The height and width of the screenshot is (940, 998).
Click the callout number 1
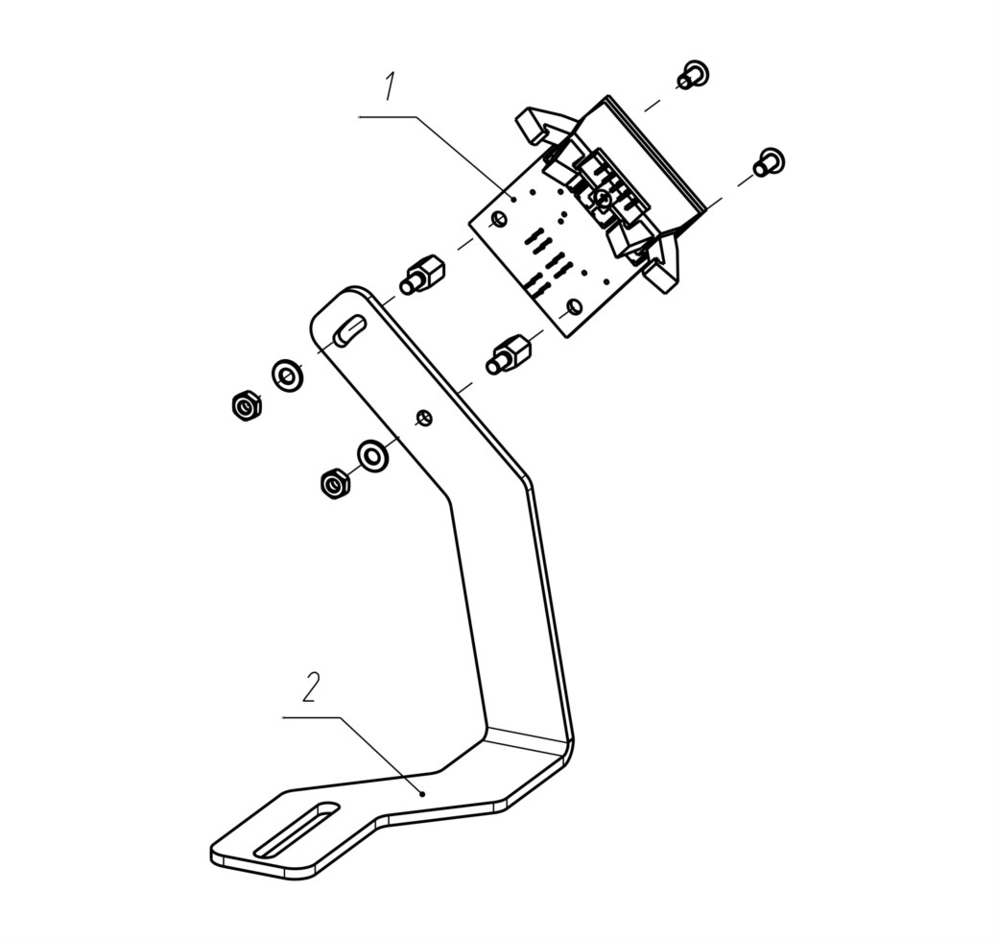pyautogui.click(x=390, y=86)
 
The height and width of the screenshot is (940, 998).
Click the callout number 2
pyautogui.click(x=310, y=687)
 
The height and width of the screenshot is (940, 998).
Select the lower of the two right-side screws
pyautogui.click(x=769, y=161)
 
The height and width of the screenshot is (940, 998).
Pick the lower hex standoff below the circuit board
pyautogui.click(x=509, y=354)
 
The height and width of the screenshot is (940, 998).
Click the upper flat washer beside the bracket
pyautogui.click(x=288, y=375)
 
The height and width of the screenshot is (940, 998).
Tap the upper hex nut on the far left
pyautogui.click(x=245, y=405)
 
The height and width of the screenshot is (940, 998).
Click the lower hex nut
pyautogui.click(x=333, y=483)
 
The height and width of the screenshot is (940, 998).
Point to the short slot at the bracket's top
pyautogui.click(x=349, y=330)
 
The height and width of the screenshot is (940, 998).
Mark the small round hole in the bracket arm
pyautogui.click(x=424, y=418)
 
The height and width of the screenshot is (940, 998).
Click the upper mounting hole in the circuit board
pyautogui.click(x=499, y=220)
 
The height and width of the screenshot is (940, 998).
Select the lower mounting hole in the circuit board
pyautogui.click(x=573, y=307)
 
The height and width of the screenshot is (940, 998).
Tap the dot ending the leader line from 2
pyautogui.click(x=422, y=793)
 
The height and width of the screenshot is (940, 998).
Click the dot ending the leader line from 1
pyautogui.click(x=513, y=199)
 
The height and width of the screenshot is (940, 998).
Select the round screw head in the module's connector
pyautogui.click(x=603, y=200)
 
